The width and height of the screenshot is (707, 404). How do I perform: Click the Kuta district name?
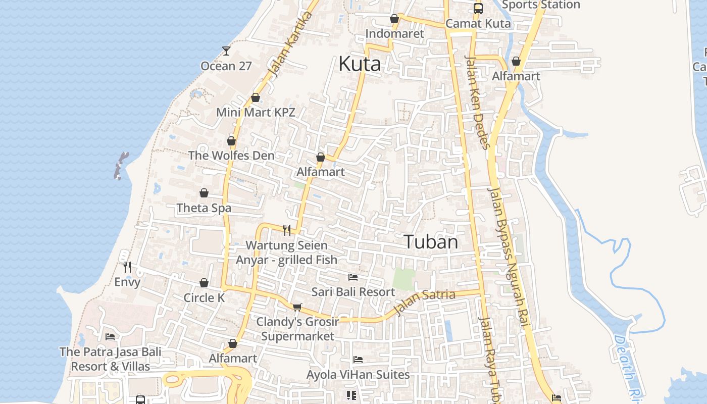point(359,64)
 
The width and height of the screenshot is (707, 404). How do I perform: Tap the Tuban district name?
point(431,242)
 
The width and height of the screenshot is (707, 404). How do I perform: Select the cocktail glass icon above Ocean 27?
point(226,51)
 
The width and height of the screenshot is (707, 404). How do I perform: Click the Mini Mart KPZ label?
point(256,112)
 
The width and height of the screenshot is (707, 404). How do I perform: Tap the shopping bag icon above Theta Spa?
point(204,193)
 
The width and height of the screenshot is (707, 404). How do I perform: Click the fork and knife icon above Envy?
point(127,267)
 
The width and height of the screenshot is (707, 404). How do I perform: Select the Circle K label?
point(204,297)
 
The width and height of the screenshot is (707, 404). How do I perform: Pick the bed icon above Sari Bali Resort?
point(353,277)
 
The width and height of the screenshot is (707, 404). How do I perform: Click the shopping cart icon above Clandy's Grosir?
point(297,307)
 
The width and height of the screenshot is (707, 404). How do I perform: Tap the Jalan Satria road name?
point(424,301)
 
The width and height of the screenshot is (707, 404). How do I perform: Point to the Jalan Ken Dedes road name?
point(477,101)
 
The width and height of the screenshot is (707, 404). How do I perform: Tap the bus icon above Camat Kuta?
point(478,9)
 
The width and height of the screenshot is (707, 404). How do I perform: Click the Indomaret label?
point(394,34)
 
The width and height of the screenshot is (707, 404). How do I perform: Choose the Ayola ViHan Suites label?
point(358,374)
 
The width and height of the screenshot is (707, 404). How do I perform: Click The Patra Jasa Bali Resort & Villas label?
point(110,359)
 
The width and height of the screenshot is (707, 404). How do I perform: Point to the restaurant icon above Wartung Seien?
point(287,230)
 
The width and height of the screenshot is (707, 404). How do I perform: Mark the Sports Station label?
point(541,5)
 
